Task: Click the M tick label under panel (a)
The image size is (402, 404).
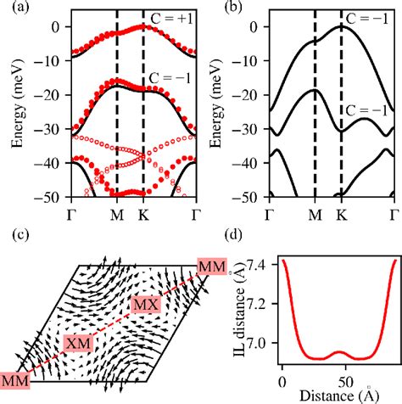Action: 116,210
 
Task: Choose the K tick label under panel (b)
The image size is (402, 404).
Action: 342,210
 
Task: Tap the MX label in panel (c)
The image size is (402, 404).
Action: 145,304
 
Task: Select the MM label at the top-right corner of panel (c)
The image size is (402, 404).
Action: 211,268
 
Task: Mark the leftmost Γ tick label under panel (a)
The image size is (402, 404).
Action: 67,210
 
